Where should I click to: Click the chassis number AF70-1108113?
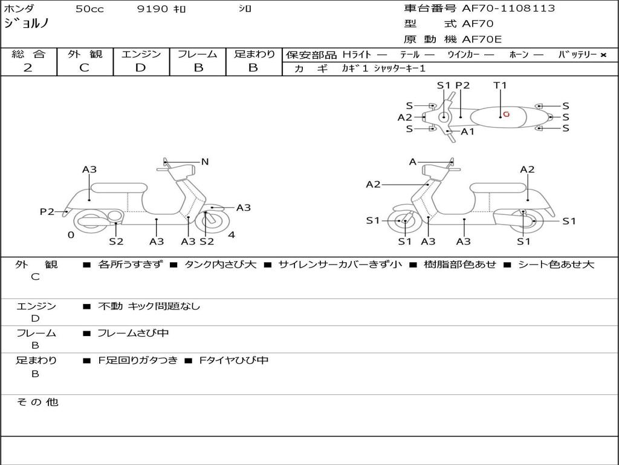[x=508, y=8]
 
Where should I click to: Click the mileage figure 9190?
[x=152, y=8]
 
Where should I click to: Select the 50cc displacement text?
[x=89, y=8]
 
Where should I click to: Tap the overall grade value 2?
[x=28, y=68]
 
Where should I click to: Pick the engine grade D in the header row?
[x=140, y=68]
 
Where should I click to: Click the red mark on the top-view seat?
[x=506, y=114]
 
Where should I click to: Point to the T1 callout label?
[x=500, y=85]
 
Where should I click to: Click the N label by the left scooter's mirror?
[x=205, y=162]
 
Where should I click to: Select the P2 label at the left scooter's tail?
[x=47, y=212]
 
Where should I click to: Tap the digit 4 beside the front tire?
[x=232, y=235]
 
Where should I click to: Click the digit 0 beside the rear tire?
[x=71, y=235]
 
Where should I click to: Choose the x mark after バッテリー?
[x=603, y=55]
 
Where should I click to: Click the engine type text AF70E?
[x=482, y=39]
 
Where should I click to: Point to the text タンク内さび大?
[x=220, y=265]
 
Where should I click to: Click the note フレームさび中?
[x=133, y=333]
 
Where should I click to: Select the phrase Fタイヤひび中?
[x=234, y=360]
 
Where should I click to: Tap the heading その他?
[x=37, y=402]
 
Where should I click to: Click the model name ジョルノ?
[x=27, y=24]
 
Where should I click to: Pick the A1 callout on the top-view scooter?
[x=467, y=131]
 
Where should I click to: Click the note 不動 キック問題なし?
[x=149, y=306]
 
